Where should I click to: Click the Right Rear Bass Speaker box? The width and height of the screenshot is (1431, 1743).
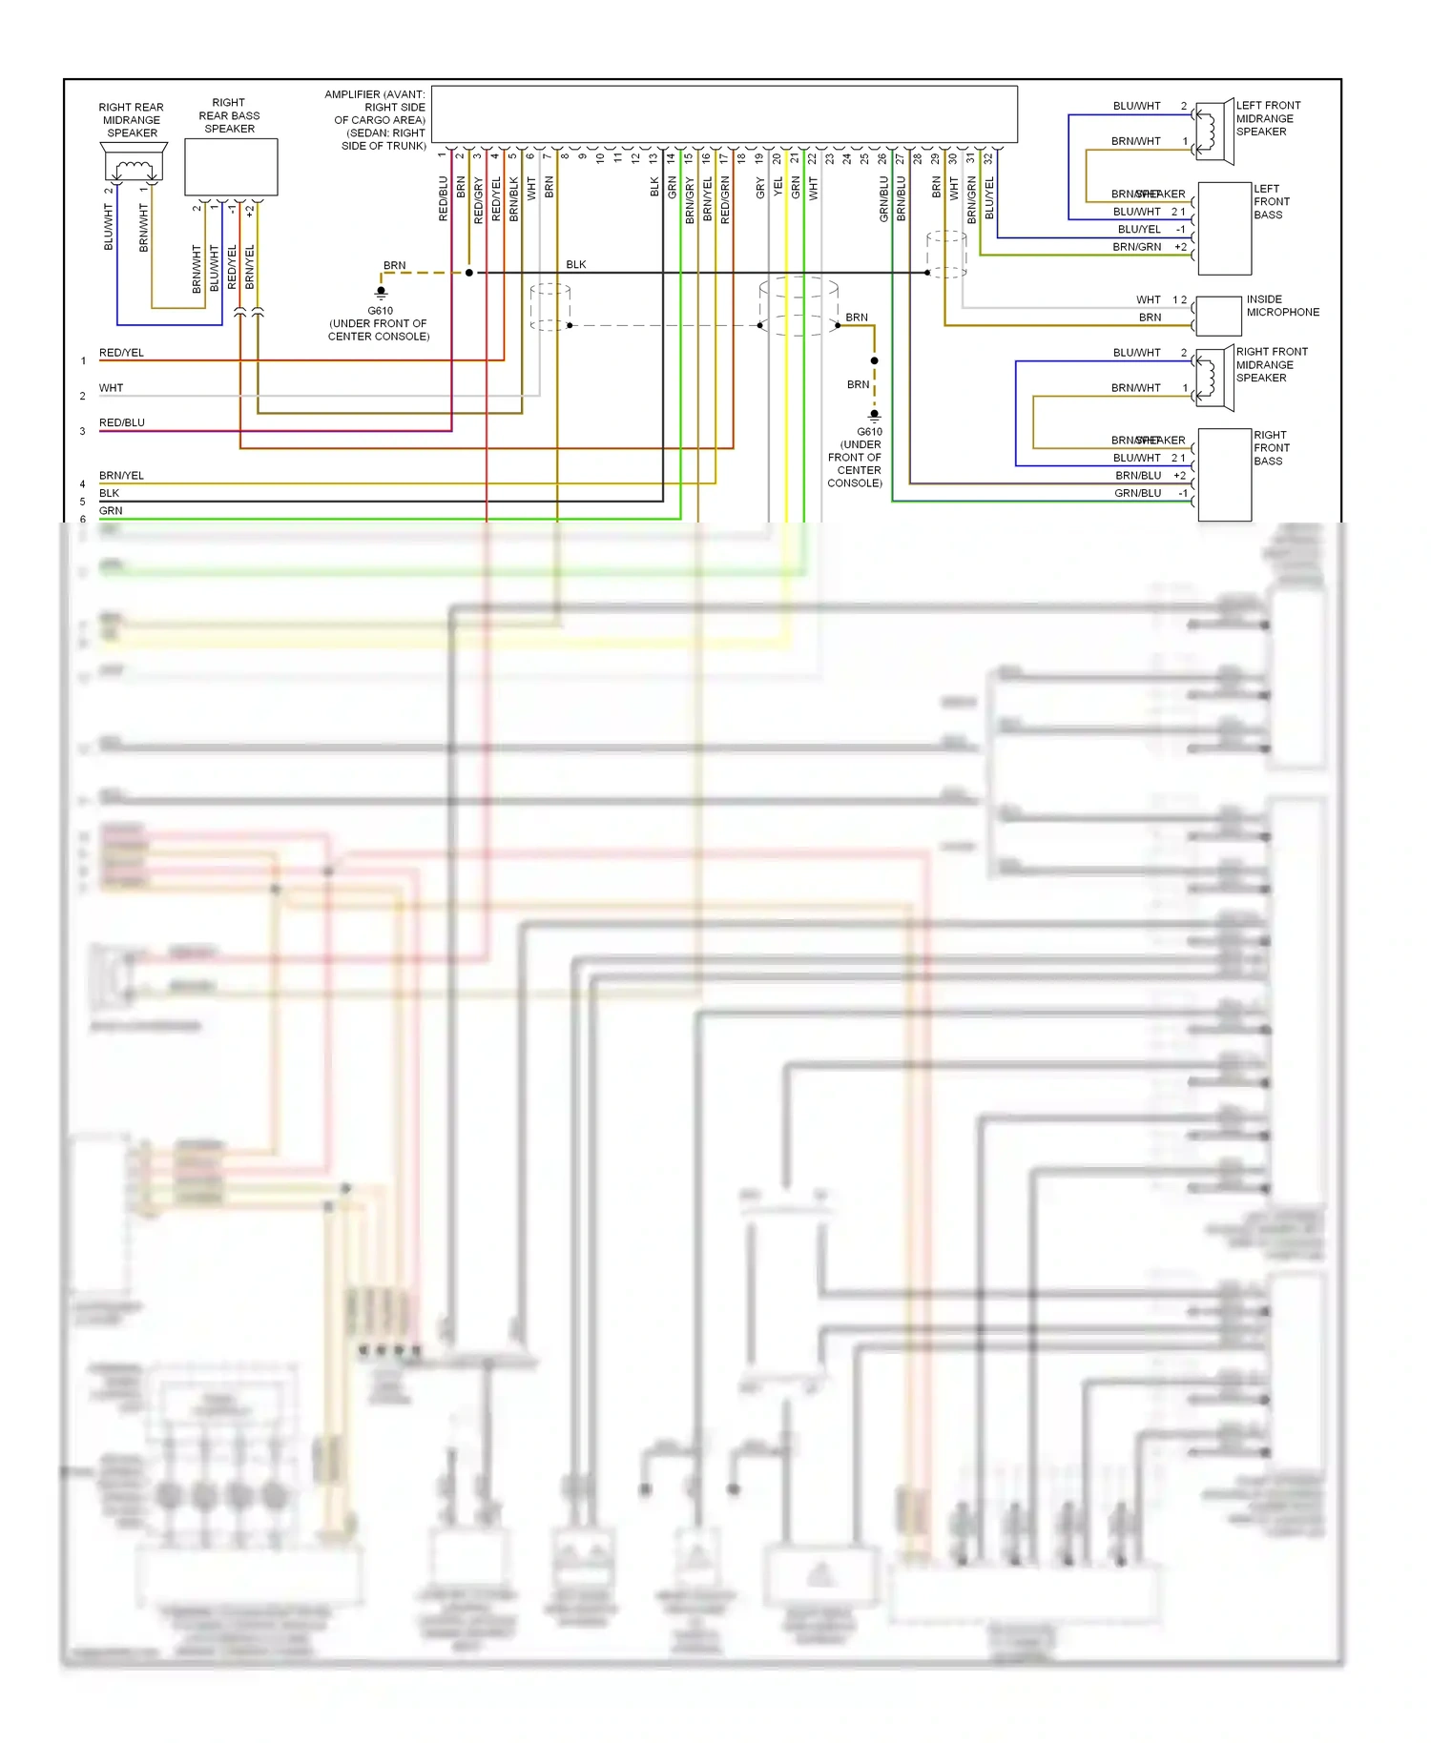(x=230, y=167)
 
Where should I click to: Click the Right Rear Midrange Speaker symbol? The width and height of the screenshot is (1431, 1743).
(x=134, y=166)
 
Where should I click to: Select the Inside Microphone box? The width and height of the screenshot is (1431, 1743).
(x=1218, y=316)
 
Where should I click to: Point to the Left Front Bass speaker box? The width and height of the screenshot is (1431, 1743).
(x=1224, y=228)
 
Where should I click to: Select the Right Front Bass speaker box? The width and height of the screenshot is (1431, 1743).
(x=1224, y=475)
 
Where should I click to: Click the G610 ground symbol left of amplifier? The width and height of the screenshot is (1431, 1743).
(x=381, y=292)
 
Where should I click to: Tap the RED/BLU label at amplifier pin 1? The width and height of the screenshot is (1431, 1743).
(x=443, y=198)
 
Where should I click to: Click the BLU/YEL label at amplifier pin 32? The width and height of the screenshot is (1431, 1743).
(x=989, y=198)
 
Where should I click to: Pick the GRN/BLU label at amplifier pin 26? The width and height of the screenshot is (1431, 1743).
(x=883, y=198)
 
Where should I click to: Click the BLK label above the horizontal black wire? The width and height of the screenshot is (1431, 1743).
(x=576, y=264)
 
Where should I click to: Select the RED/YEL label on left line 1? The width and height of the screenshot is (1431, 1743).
(x=121, y=353)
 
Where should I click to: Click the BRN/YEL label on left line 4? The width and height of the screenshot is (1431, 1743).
(x=121, y=475)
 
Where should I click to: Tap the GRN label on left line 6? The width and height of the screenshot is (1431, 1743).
(x=111, y=511)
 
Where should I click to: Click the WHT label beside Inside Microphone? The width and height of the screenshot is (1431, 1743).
(x=1148, y=299)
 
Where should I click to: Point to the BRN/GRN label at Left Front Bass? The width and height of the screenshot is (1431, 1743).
(x=1136, y=247)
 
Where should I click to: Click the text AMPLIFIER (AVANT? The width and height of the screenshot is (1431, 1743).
(x=374, y=94)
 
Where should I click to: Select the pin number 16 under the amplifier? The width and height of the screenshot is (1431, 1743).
(x=706, y=158)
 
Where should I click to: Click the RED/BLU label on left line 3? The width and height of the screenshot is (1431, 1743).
(x=121, y=422)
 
